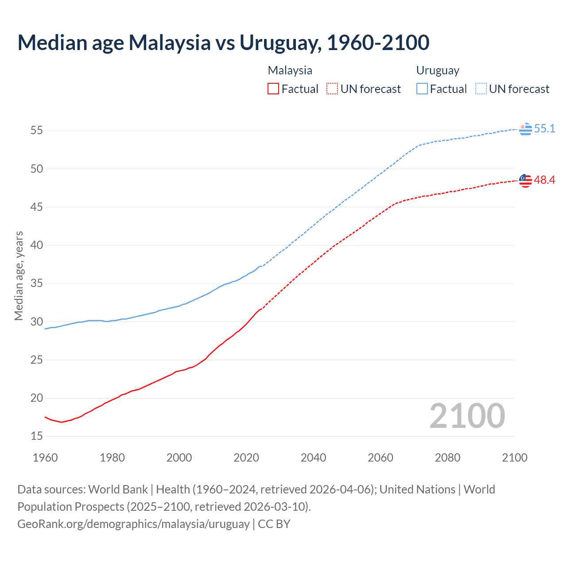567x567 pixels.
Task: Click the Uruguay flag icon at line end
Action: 525,129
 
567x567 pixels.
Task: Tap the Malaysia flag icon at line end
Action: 525,180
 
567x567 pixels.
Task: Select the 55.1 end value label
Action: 544,129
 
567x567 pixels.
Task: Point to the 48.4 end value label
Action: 544,180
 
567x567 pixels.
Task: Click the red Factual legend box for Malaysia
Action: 273,89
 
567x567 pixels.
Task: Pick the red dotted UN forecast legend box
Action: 332,89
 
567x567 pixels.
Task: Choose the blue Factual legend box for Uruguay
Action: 422,89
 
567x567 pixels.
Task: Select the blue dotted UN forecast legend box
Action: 481,89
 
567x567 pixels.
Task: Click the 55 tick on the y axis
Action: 37,131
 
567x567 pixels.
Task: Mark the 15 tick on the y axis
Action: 37,436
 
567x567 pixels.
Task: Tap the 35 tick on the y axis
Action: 37,283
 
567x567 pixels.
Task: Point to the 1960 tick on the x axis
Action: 45,458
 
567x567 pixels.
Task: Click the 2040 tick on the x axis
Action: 313,458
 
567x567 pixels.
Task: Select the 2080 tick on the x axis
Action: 447,458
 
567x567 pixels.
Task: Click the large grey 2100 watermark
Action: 467,416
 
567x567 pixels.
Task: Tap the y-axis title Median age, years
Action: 19,276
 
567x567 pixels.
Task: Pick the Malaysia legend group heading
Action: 290,70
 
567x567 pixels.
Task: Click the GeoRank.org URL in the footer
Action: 133,524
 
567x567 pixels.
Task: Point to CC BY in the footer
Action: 274,524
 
